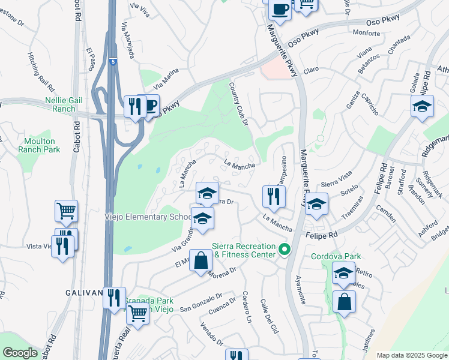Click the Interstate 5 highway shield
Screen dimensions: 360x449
pyautogui.click(x=113, y=61)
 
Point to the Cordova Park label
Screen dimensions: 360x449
pyautogui.click(x=336, y=256)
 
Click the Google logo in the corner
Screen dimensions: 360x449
pyautogui.click(x=20, y=353)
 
